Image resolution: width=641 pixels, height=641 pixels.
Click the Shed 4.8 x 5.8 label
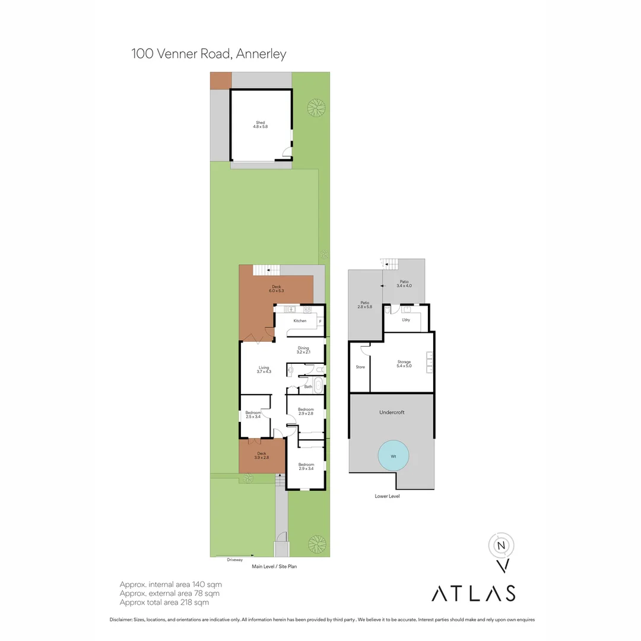coord(261,125)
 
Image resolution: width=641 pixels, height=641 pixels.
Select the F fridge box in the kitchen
coord(320,321)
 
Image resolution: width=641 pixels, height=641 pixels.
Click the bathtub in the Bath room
coord(318,386)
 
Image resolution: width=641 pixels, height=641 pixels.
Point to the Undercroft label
coord(392,412)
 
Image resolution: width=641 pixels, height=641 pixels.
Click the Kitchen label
coord(300,321)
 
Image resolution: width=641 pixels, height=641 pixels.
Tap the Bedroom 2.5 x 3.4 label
coord(253,414)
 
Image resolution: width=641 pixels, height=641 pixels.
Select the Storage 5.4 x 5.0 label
coord(404,364)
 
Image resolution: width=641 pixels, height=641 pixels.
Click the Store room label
coord(360,367)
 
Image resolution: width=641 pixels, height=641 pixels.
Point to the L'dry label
coord(406,320)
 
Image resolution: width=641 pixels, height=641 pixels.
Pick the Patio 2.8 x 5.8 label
coord(364,304)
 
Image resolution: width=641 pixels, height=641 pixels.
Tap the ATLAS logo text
coord(473,593)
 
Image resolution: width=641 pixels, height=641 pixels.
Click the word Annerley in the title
coord(261,54)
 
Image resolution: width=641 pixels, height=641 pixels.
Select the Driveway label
coord(235,560)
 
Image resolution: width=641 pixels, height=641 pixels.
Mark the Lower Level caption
coord(387,496)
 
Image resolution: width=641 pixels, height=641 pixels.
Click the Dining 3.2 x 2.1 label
coord(303,350)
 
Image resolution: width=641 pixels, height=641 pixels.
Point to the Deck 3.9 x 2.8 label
coord(262,455)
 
